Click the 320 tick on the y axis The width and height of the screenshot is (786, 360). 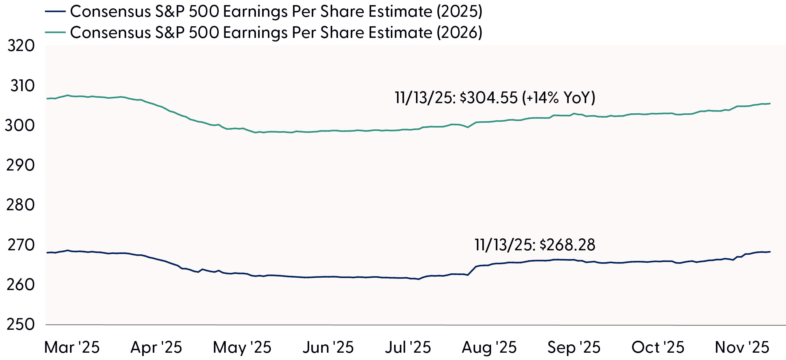tap(21, 46)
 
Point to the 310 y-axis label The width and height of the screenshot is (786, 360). tap(22, 86)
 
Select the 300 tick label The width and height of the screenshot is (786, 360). tap(20, 125)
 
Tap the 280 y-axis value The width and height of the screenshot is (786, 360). tap(20, 205)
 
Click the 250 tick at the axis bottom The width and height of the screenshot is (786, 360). tap(20, 324)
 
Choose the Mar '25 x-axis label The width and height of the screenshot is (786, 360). tap(72, 347)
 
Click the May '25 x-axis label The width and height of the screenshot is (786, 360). tap(242, 347)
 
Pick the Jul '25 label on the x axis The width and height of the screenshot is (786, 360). tap(408, 347)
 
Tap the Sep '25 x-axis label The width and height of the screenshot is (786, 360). tap(574, 347)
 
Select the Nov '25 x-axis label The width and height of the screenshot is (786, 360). tap(742, 347)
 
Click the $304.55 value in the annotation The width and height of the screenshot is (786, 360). tap(489, 98)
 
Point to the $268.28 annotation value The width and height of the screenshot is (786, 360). tap(567, 245)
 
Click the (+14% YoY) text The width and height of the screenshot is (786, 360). tap(559, 98)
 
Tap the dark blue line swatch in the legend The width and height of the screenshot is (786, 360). tap(55, 12)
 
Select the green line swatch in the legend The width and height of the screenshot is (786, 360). tap(55, 32)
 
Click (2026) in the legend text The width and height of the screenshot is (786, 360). tap(459, 32)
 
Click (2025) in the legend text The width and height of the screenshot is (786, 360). tap(459, 12)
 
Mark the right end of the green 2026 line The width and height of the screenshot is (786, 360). tap(770, 103)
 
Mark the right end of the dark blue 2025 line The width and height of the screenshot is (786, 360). tap(770, 252)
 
